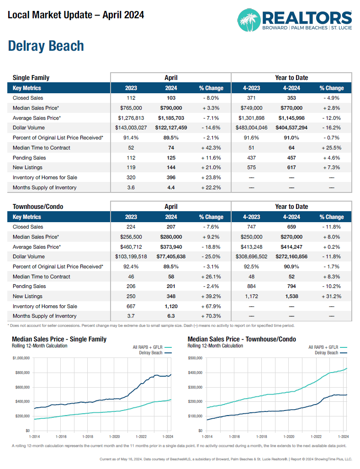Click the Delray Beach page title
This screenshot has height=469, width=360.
coord(46,46)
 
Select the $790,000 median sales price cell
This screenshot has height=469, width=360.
coord(171,108)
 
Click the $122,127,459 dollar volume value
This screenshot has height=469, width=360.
coord(171,128)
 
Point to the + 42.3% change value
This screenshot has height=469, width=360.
coord(211,148)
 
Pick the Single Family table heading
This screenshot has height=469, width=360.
coord(31,78)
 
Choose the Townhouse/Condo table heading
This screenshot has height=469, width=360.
coord(38,207)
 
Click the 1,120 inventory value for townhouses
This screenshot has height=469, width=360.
coord(171,306)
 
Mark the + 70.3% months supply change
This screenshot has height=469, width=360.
coord(211,316)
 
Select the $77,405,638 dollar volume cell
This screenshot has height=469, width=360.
coord(171,256)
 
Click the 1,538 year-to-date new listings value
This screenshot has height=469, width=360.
coord(291,296)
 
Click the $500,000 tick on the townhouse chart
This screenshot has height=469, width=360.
coord(196,358)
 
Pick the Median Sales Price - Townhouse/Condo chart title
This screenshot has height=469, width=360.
coord(242,339)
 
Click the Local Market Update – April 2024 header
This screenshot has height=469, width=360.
coord(76,15)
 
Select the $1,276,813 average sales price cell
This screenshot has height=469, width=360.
coord(131,118)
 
